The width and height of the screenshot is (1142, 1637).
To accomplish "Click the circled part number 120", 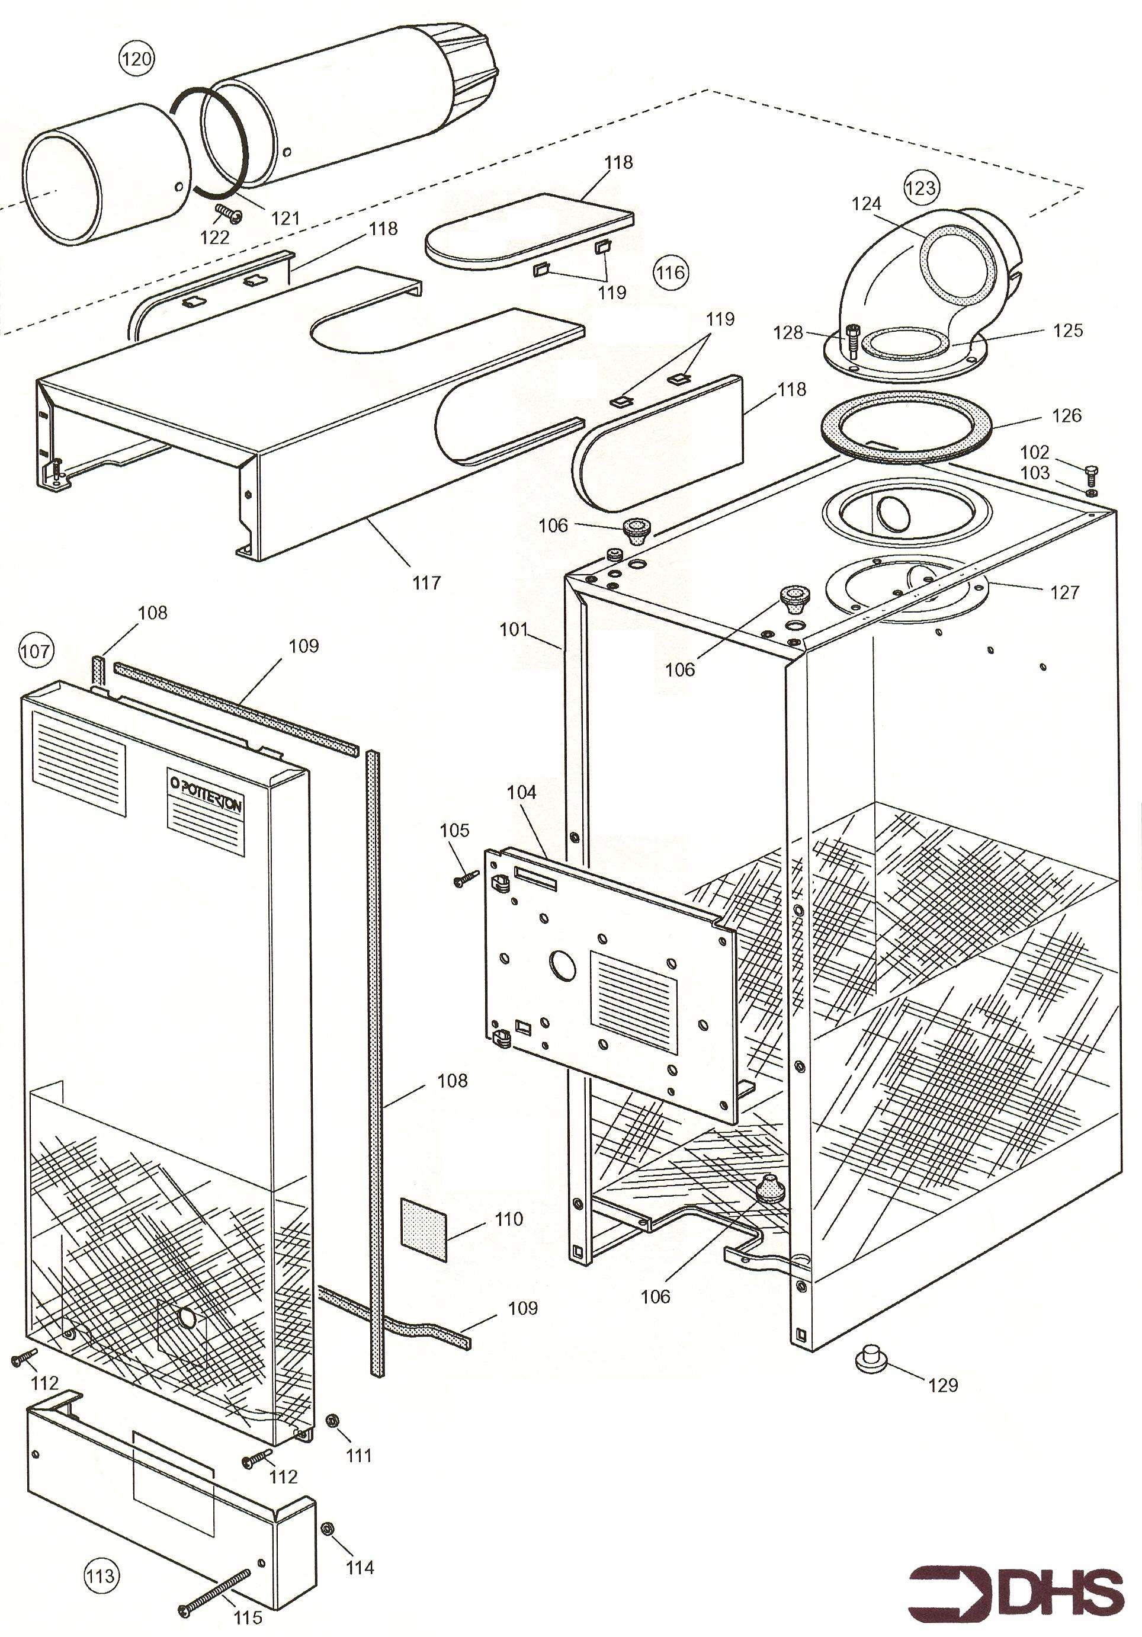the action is pos(136,57).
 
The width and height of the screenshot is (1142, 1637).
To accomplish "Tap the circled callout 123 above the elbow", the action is pos(920,187).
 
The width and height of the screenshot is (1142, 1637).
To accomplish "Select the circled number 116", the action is pos(670,271).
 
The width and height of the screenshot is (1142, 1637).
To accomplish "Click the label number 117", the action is pos(426,582).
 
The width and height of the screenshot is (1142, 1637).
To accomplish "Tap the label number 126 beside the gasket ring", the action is pos(1066,415).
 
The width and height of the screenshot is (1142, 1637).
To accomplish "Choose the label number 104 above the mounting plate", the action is pos(522,792).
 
